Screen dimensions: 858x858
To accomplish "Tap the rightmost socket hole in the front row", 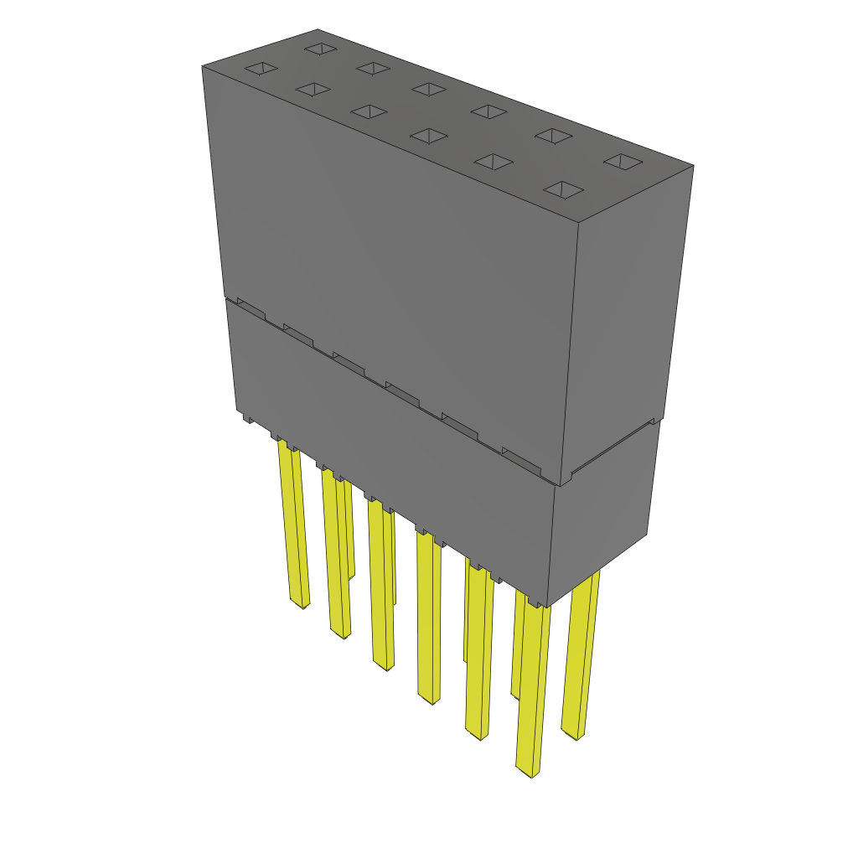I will click(x=563, y=190).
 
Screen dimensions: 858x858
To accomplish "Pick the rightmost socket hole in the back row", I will click(x=623, y=161).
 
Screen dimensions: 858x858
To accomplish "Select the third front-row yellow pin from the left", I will click(x=381, y=587).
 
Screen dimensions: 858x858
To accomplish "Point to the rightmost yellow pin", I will click(x=581, y=654).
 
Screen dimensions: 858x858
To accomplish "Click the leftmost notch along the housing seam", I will click(x=251, y=307).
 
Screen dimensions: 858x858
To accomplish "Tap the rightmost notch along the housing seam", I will click(x=516, y=454).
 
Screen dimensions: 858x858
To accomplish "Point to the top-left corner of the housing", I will click(x=203, y=67).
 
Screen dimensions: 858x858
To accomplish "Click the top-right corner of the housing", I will click(x=693, y=166).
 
